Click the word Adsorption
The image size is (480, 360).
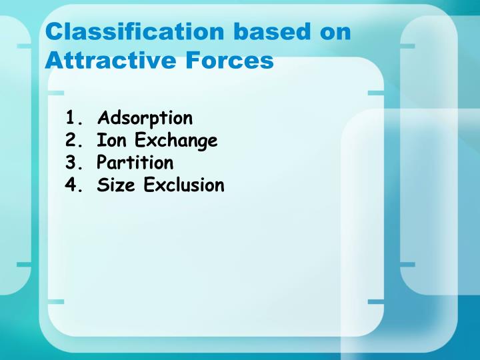point(145,119)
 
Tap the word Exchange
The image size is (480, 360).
point(176,141)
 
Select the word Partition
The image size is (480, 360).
point(135,163)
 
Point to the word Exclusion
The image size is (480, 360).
point(184,185)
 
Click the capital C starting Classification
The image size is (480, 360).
point(53,32)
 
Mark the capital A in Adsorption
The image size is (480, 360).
point(103,119)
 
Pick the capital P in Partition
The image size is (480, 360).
point(102,163)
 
